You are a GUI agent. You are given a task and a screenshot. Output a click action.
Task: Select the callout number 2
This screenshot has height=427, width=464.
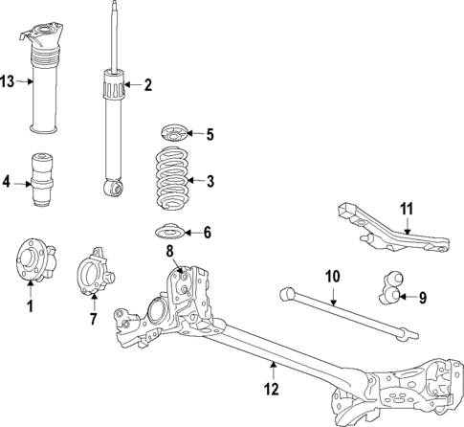(x=147, y=86)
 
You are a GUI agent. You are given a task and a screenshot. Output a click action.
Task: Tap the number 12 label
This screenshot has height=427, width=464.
(x=272, y=389)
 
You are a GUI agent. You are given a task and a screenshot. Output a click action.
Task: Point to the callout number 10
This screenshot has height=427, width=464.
(x=332, y=278)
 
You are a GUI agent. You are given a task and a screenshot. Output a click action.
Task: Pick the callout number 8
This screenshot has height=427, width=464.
(x=169, y=253)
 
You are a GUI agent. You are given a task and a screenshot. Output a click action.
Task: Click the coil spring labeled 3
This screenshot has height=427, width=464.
(x=172, y=179)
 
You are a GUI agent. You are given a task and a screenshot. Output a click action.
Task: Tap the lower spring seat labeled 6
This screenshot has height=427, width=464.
(x=173, y=232)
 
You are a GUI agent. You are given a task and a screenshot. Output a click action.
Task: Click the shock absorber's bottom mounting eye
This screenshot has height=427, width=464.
(x=115, y=190)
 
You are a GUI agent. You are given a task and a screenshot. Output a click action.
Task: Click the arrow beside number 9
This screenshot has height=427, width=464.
(x=407, y=297)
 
